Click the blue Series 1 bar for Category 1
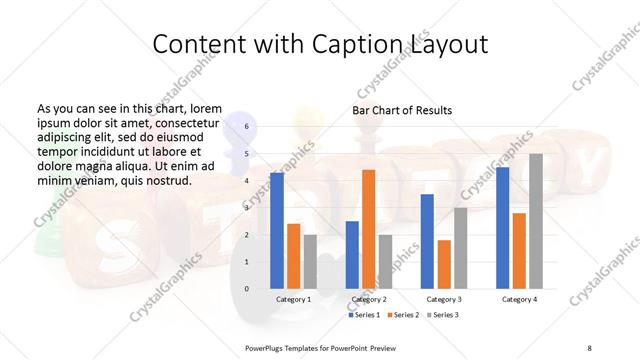pyautogui.click(x=277, y=231)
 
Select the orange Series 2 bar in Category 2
pyautogui.click(x=368, y=229)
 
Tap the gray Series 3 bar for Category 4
pyautogui.click(x=535, y=221)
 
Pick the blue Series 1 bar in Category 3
pyautogui.click(x=427, y=241)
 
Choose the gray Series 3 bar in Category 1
pyautogui.click(x=309, y=262)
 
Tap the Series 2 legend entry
pyautogui.click(x=404, y=315)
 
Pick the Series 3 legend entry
pyautogui.click(x=444, y=315)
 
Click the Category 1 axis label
pyautogui.click(x=293, y=299)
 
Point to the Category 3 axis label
pyautogui.click(x=443, y=299)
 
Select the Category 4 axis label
pyautogui.click(x=519, y=299)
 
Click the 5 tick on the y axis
pyautogui.click(x=247, y=154)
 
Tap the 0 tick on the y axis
pyautogui.click(x=247, y=289)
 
